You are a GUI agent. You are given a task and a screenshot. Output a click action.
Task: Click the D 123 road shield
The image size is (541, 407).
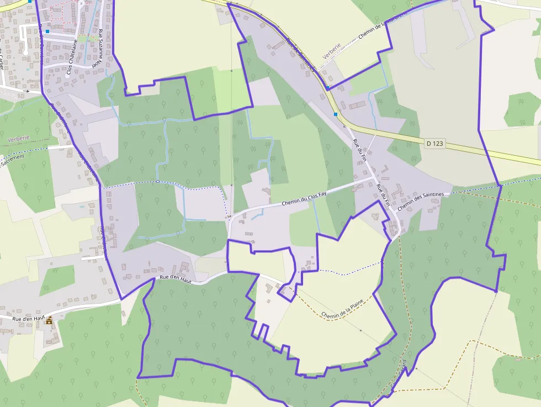click(x=435, y=143)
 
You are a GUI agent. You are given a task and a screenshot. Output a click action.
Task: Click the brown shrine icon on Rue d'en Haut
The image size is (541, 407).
click(x=49, y=320)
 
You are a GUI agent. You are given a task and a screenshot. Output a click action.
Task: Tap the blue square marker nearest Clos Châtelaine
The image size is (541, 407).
click(x=47, y=31)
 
